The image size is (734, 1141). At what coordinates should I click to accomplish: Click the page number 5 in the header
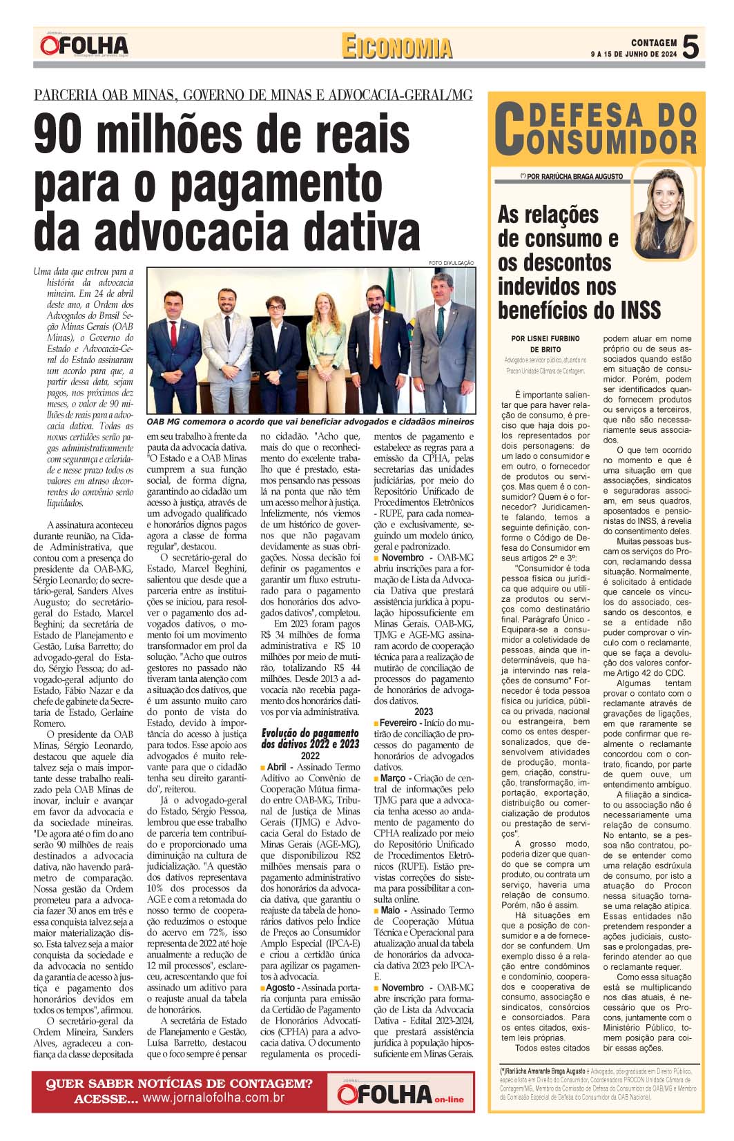pyautogui.click(x=690, y=47)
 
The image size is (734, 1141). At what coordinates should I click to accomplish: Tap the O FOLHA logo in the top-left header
pyautogui.click(x=84, y=46)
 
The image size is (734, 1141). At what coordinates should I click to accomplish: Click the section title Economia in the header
pyautogui.click(x=396, y=47)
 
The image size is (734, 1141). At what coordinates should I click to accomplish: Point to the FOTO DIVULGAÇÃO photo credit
pyautogui.click(x=452, y=263)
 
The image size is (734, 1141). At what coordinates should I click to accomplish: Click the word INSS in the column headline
pyautogui.click(x=637, y=309)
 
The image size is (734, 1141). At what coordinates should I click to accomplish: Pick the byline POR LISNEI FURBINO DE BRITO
pyautogui.click(x=545, y=344)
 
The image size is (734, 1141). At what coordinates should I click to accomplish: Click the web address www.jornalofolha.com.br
pyautogui.click(x=213, y=1098)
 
